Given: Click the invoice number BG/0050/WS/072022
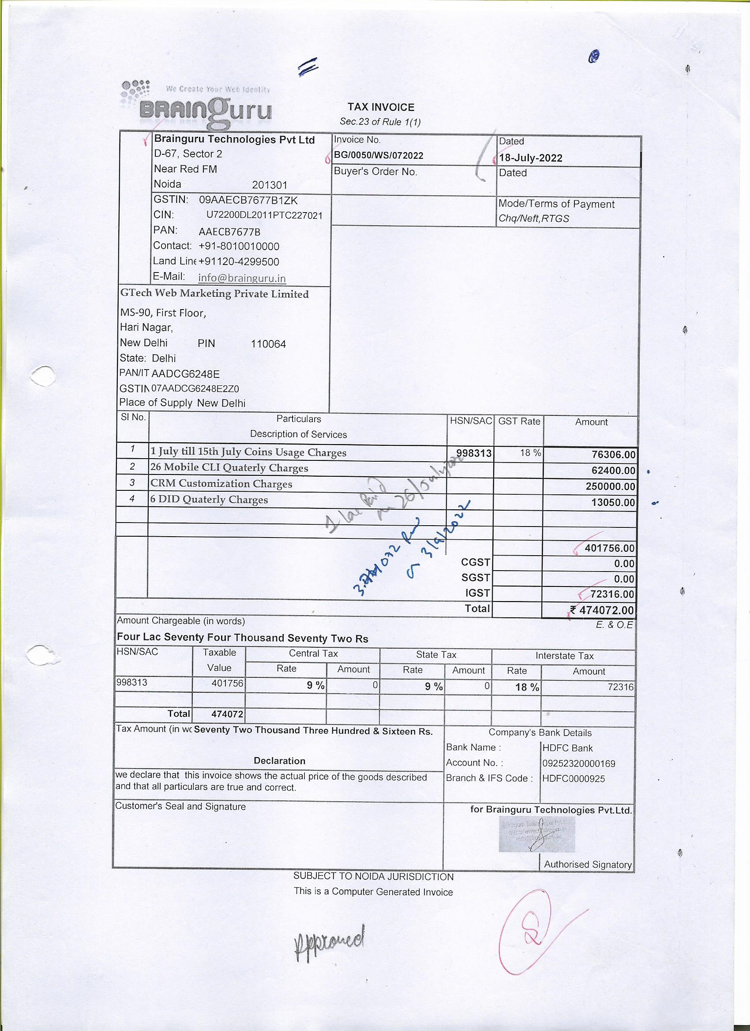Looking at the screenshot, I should pyautogui.click(x=379, y=156).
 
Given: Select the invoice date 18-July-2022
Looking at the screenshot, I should pyautogui.click(x=530, y=158).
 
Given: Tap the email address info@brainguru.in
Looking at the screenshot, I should pyautogui.click(x=242, y=278).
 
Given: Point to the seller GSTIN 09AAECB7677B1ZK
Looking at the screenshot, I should pyautogui.click(x=248, y=200).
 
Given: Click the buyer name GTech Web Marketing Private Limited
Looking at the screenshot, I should pyautogui.click(x=214, y=294).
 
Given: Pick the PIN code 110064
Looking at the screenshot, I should pyautogui.click(x=268, y=344).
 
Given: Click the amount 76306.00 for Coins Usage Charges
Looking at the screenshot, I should pyautogui.click(x=613, y=455).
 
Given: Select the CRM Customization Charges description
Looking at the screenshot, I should pyautogui.click(x=221, y=484).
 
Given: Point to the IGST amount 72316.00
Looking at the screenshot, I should pyautogui.click(x=612, y=594).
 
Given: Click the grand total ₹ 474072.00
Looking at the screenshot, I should pyautogui.click(x=603, y=610).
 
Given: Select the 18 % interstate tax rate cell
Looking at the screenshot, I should pyautogui.click(x=527, y=687).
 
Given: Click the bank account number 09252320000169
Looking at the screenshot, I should pyautogui.click(x=578, y=763).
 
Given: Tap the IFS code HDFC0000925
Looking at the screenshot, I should pyautogui.click(x=574, y=779).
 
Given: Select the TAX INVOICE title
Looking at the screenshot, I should pyautogui.click(x=381, y=107).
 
